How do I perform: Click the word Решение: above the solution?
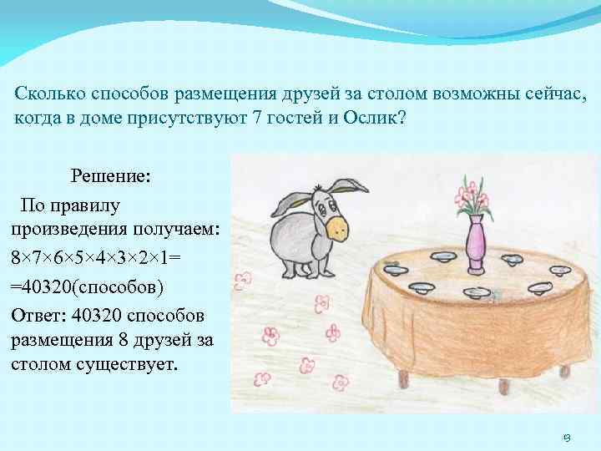(x=110, y=176)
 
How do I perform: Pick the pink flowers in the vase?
(x=471, y=195)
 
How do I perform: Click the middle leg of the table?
(x=503, y=387)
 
